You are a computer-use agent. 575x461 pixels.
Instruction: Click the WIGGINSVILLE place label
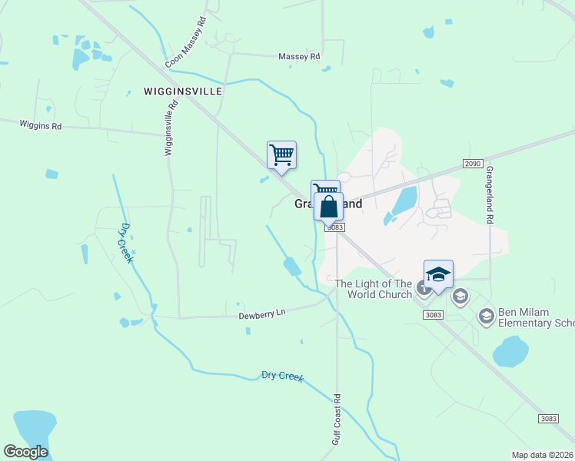point(183,91)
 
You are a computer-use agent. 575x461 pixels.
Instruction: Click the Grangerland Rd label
point(488,196)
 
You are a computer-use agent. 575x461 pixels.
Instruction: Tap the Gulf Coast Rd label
point(337,419)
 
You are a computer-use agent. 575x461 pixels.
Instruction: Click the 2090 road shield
point(473,164)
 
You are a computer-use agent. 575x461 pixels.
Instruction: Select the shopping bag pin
point(329,207)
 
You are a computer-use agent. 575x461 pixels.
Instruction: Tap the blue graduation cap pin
point(437,274)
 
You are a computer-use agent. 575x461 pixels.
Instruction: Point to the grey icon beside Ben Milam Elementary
point(486,316)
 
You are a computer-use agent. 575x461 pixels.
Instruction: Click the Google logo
point(25,452)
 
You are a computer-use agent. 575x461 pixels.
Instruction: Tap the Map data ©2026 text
point(543,455)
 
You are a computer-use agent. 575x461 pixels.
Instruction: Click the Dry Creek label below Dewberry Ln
point(282,376)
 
